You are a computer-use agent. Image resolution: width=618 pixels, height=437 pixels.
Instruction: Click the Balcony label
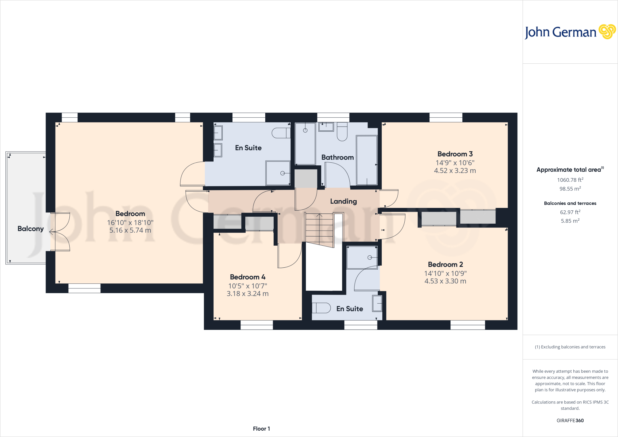click(x=30, y=229)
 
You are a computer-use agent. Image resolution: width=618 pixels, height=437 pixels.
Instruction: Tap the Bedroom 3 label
click(x=455, y=154)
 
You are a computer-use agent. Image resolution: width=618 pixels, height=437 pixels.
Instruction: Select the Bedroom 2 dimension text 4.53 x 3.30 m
click(x=445, y=281)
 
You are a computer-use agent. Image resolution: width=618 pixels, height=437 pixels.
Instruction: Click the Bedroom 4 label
click(x=247, y=277)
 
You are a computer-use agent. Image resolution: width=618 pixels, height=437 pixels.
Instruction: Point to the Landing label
click(x=343, y=201)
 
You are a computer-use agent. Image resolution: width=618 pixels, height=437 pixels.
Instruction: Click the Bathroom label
click(x=337, y=158)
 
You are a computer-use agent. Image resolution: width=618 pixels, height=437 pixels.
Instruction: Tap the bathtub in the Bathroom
click(x=367, y=160)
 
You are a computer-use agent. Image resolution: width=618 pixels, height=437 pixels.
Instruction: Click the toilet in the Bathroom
click(x=342, y=132)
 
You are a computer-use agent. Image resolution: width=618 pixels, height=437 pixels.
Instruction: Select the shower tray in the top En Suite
click(x=278, y=173)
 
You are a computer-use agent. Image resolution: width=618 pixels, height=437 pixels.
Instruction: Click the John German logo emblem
click(x=607, y=32)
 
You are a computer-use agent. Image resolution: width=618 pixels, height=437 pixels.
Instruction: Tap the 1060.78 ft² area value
click(x=570, y=180)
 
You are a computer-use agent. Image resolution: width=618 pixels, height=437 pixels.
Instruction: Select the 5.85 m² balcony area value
click(x=570, y=221)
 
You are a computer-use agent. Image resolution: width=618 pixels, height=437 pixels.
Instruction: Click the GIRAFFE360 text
click(x=570, y=420)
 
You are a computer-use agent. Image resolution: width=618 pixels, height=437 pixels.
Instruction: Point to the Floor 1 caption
click(x=261, y=429)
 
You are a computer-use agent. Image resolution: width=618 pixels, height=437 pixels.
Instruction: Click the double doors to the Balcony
click(x=60, y=232)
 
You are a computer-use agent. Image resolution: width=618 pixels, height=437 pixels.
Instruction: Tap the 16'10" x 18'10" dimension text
click(x=130, y=223)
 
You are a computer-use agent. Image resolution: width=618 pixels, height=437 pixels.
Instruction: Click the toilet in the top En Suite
click(x=281, y=133)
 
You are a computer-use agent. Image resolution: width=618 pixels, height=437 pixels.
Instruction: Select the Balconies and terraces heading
click(x=570, y=203)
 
